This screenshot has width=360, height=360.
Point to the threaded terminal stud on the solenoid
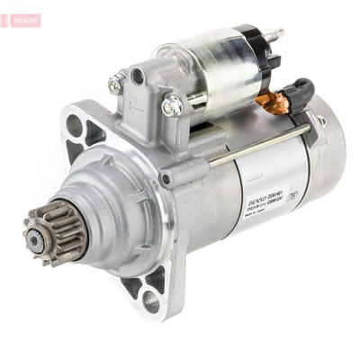(x=274, y=34)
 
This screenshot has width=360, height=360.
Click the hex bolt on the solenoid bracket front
(x=172, y=106)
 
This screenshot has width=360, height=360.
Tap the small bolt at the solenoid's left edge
(x=116, y=85)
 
